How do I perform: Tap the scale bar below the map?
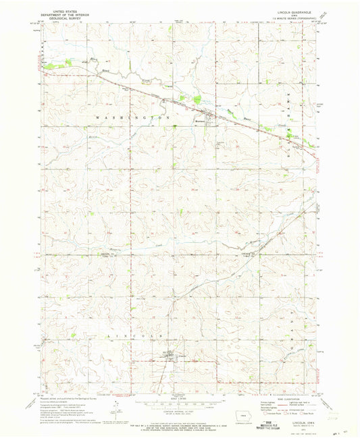(179, 407)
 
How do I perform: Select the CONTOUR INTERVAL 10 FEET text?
(179, 415)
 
